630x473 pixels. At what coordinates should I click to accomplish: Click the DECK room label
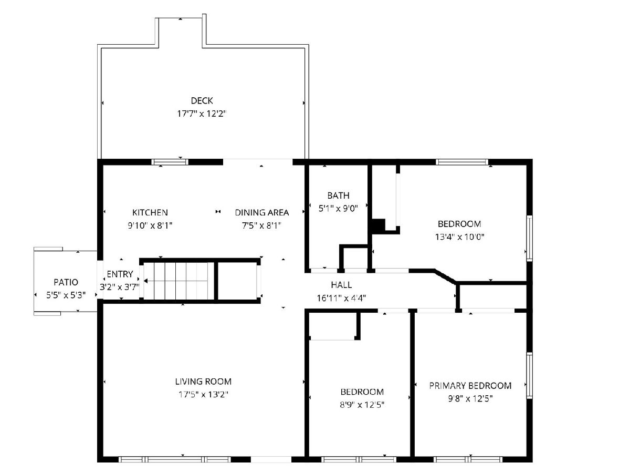coord(202,101)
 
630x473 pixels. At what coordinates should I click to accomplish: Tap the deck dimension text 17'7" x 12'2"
coord(202,114)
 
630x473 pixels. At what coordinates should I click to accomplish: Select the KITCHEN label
coord(150,212)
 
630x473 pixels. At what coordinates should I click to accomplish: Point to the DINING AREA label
coord(262,212)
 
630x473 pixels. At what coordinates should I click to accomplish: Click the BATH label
coord(339,196)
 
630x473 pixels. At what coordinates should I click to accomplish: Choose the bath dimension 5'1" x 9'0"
coord(339,209)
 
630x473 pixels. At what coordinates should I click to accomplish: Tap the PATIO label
coord(66,282)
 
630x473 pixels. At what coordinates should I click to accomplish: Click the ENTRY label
coord(120,274)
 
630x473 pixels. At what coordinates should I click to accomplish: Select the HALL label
coord(341,285)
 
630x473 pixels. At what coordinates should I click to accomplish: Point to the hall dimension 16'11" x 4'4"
coord(341,298)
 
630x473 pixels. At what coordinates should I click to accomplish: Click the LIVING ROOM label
coord(203,382)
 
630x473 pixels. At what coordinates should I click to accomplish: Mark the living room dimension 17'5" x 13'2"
coord(203,394)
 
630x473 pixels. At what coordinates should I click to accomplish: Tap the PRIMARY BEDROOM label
coord(470,385)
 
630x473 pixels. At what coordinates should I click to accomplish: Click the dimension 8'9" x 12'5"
coord(362,405)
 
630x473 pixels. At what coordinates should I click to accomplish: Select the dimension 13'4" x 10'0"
coord(459,237)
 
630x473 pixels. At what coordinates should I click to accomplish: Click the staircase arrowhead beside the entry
coord(145,281)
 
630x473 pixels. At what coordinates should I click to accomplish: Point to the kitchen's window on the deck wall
coord(170,162)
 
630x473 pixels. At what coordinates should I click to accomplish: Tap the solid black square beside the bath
coord(379,226)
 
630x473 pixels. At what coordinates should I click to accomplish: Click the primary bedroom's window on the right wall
coord(529,375)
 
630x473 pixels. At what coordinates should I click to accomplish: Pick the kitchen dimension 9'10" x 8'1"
coord(150,225)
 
